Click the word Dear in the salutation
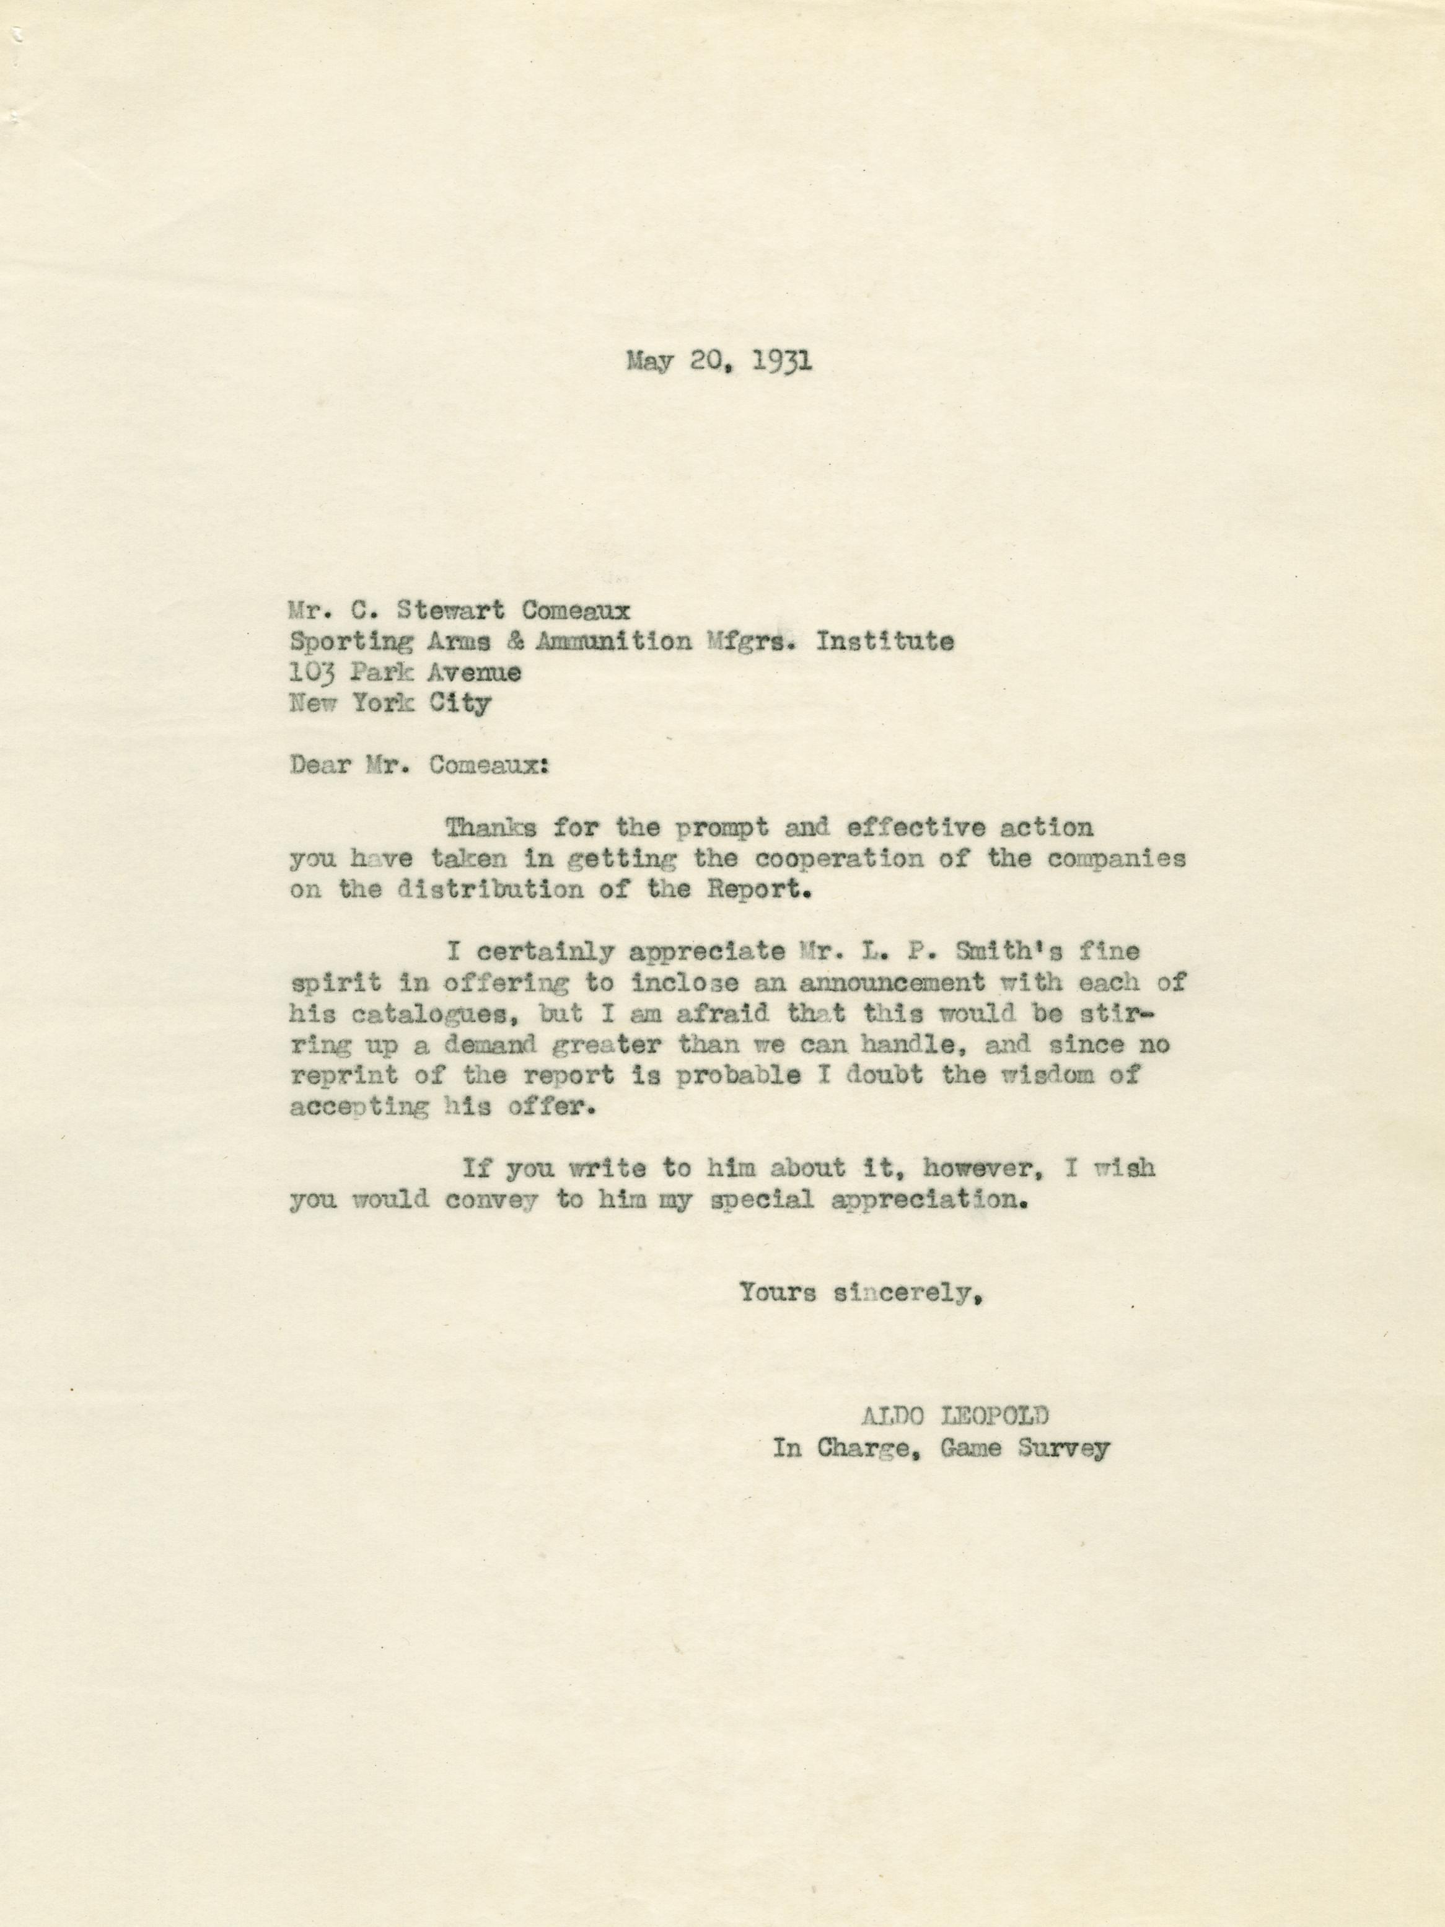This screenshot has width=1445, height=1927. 318,765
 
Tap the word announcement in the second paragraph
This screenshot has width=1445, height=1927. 893,982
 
